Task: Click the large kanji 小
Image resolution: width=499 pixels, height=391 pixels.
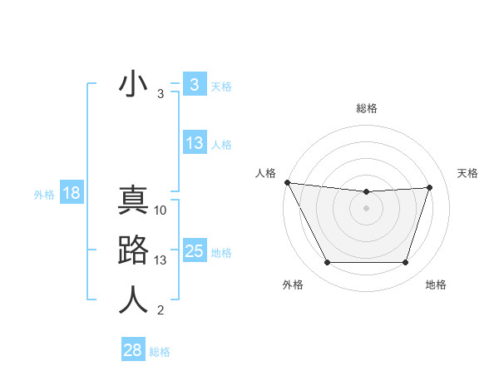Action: click(x=133, y=85)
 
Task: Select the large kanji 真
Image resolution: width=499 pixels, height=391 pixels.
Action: click(x=133, y=200)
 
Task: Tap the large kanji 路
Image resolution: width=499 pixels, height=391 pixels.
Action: click(x=133, y=250)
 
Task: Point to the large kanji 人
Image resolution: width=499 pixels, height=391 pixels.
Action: click(x=133, y=300)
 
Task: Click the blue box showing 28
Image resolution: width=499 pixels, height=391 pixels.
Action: click(x=133, y=350)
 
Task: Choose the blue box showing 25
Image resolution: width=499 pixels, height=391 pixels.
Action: click(x=194, y=251)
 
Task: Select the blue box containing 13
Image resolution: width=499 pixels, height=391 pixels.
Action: click(x=194, y=143)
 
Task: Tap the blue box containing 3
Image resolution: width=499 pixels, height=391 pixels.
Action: click(x=194, y=85)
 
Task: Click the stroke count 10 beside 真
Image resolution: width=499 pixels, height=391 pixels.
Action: click(x=161, y=210)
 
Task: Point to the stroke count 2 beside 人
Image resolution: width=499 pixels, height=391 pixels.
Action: click(x=161, y=311)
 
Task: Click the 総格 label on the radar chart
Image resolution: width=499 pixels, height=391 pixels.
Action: click(x=366, y=108)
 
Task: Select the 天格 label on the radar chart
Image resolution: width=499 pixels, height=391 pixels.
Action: click(x=468, y=173)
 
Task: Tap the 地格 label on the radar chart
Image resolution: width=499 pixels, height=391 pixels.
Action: click(x=436, y=285)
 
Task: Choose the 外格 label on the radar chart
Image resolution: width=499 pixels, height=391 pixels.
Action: click(x=293, y=285)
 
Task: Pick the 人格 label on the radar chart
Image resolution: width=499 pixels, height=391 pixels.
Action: click(x=265, y=173)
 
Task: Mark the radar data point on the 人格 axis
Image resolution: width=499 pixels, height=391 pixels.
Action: click(x=287, y=182)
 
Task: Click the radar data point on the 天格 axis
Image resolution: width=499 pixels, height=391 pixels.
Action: click(x=429, y=187)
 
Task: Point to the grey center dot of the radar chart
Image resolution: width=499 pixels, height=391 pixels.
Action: click(x=366, y=208)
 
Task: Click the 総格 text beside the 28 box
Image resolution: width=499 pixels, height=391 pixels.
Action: click(x=160, y=352)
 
